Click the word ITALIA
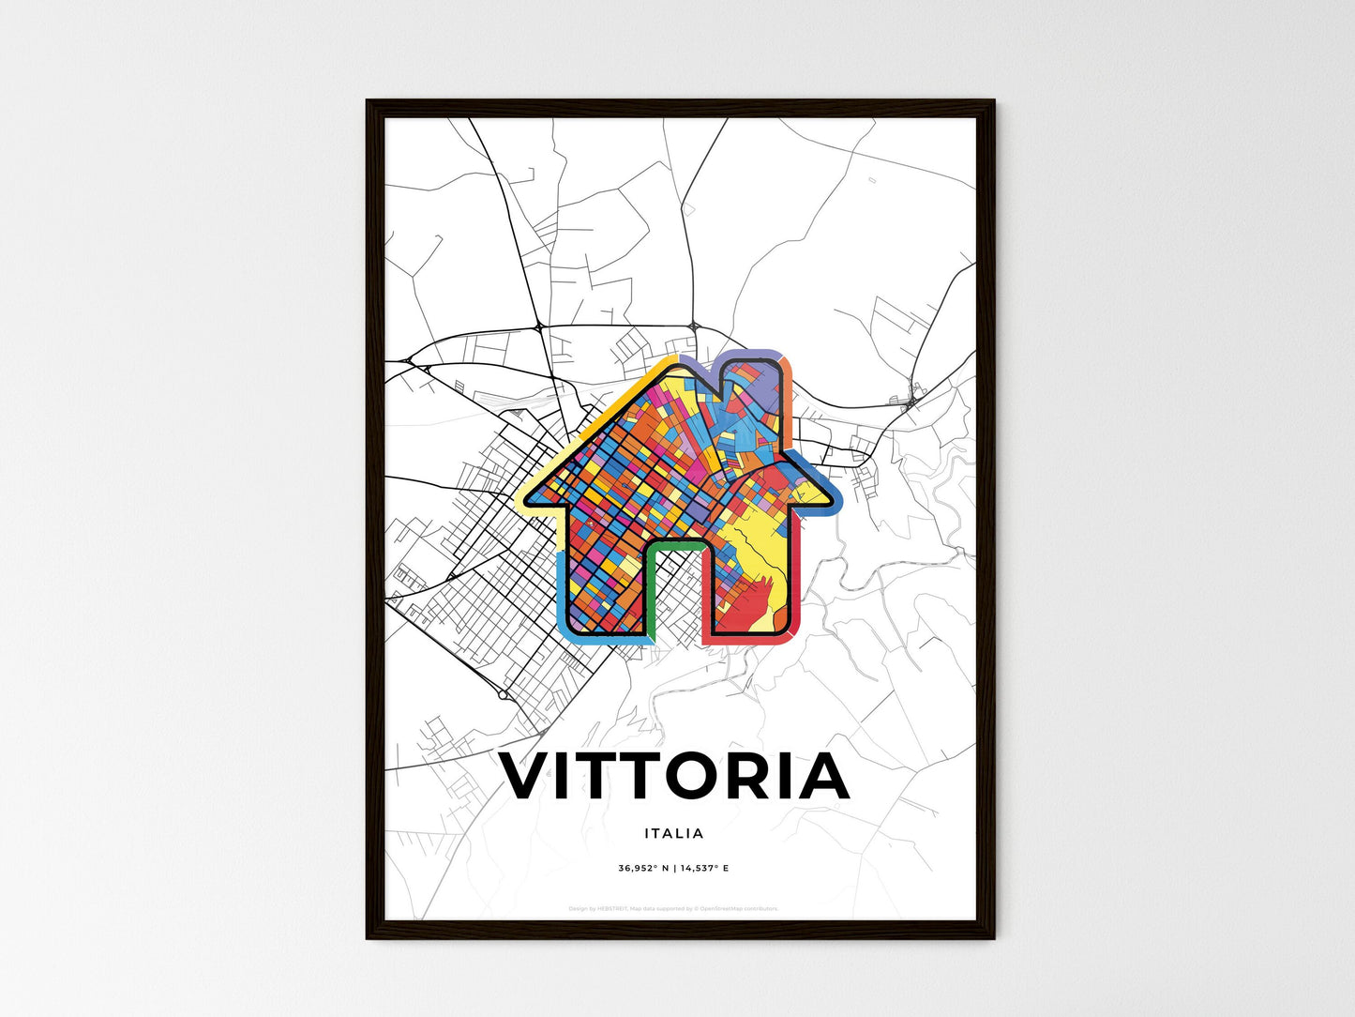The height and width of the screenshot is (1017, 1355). coord(674,833)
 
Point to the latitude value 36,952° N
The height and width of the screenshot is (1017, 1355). coord(641,869)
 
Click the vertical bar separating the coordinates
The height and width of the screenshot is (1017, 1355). coord(673,869)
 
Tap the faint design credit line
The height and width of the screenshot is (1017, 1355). coord(673,909)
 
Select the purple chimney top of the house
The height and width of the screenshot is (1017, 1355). coord(749,357)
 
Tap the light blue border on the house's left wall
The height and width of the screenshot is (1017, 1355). coord(562,591)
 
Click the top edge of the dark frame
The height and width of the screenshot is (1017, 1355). coord(680,104)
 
